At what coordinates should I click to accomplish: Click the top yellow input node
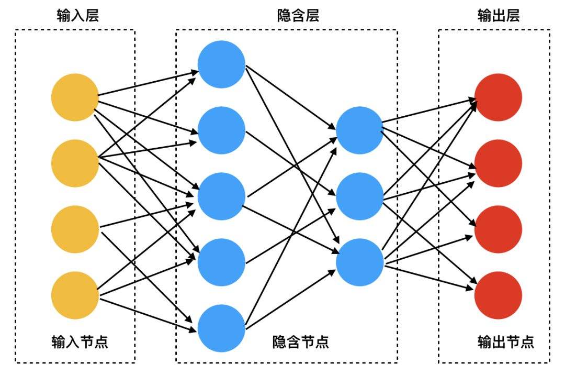[75, 97]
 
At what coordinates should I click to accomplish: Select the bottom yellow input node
[75, 295]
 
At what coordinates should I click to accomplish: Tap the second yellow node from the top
[75, 163]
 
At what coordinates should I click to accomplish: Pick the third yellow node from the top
[75, 229]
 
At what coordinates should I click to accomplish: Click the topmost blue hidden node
[222, 64]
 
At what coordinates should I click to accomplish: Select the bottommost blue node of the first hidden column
[222, 328]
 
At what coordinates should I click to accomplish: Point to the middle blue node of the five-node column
[222, 196]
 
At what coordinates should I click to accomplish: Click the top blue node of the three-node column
[359, 130]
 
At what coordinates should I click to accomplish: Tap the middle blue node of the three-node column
[359, 196]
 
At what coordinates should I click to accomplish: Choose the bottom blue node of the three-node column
[359, 262]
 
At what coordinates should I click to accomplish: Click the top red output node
[499, 97]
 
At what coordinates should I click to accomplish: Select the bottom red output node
[499, 295]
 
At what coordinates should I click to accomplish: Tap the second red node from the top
[499, 163]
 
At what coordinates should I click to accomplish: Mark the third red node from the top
[499, 229]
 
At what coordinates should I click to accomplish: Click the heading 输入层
[78, 16]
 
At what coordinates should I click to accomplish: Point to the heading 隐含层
[298, 16]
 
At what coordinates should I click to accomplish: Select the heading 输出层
[499, 16]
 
